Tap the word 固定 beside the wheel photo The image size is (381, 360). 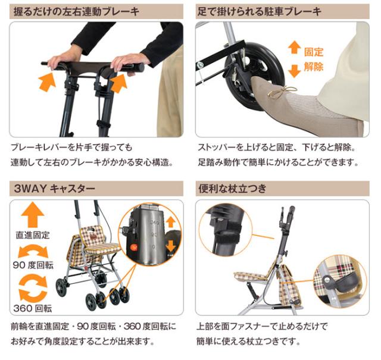click(x=314, y=53)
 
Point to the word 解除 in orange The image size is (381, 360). click(x=314, y=66)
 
